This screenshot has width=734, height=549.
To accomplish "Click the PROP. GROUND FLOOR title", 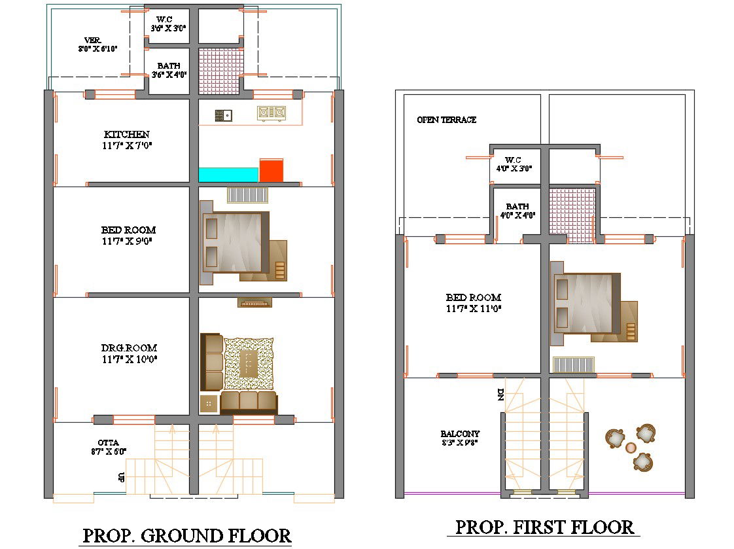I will point(186,535).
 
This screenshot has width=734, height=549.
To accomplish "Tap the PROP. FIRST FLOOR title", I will point(544,527).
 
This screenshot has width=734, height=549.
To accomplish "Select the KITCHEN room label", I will point(126,135).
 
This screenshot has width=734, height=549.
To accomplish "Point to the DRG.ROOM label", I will point(129,348).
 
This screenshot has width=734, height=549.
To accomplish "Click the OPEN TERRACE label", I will point(447,120).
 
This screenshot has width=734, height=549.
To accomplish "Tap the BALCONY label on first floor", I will point(460,434).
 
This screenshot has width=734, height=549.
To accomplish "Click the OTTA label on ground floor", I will point(109,443).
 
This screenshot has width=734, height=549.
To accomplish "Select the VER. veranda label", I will point(93,41).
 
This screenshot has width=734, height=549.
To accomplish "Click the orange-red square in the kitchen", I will point(271,170).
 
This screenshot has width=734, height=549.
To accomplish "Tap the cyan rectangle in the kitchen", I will point(228,175).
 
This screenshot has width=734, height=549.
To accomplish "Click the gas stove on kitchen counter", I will point(271,113).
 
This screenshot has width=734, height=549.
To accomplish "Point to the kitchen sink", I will point(223,116).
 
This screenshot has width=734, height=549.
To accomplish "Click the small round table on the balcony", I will point(631,448).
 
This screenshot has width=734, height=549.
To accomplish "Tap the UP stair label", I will point(122,477).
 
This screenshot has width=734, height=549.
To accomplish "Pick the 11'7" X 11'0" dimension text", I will point(474,308).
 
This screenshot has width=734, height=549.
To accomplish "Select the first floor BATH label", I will point(517,206).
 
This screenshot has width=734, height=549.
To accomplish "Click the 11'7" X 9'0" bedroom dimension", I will point(128,241).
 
